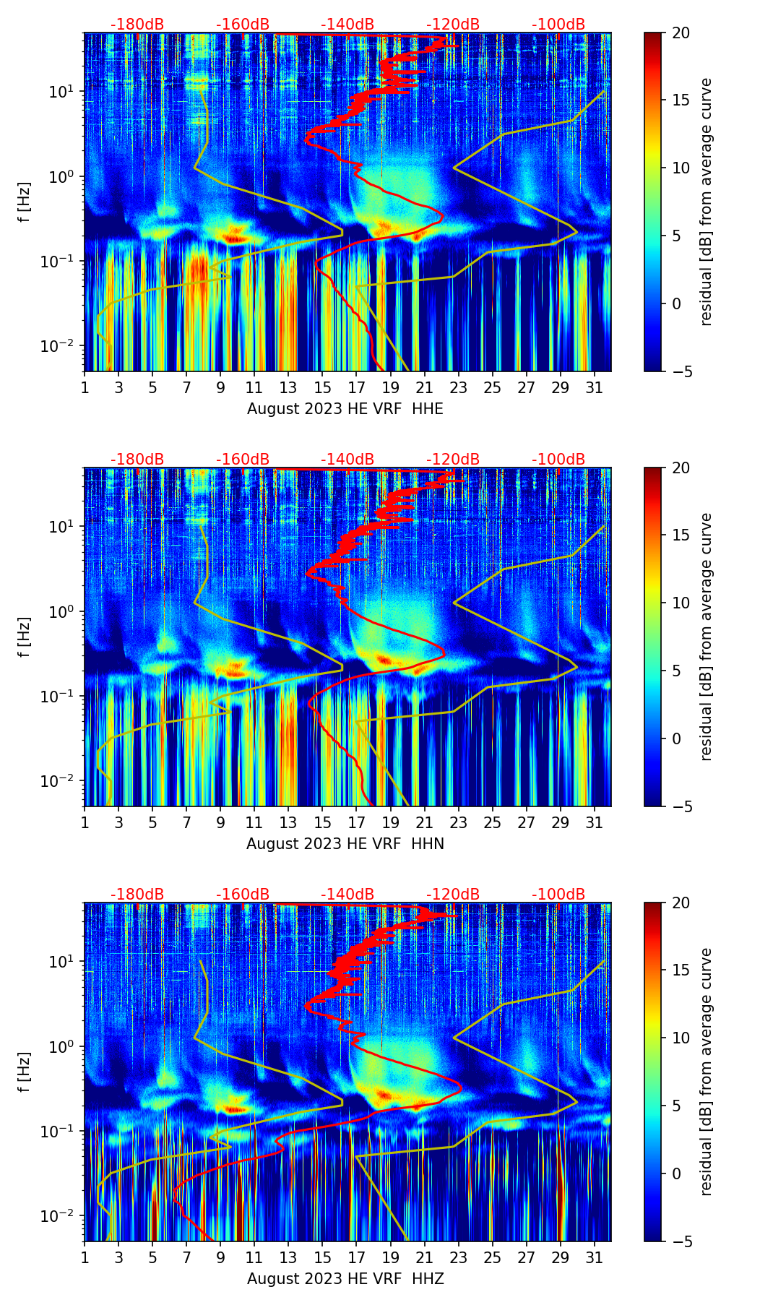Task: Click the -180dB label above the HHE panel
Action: [x=137, y=25]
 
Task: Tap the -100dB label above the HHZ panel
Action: [x=558, y=895]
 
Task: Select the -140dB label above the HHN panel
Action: [x=347, y=460]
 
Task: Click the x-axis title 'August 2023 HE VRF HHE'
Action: [x=345, y=409]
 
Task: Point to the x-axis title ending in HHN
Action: [x=345, y=844]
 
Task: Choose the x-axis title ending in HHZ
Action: [x=345, y=1279]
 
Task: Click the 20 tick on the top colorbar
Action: [x=681, y=33]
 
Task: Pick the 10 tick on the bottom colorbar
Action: [x=681, y=1038]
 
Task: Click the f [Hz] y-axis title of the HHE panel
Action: [x=25, y=202]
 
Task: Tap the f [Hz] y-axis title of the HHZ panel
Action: [x=25, y=1072]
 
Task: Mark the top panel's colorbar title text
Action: [x=706, y=202]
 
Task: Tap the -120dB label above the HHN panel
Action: [x=453, y=460]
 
